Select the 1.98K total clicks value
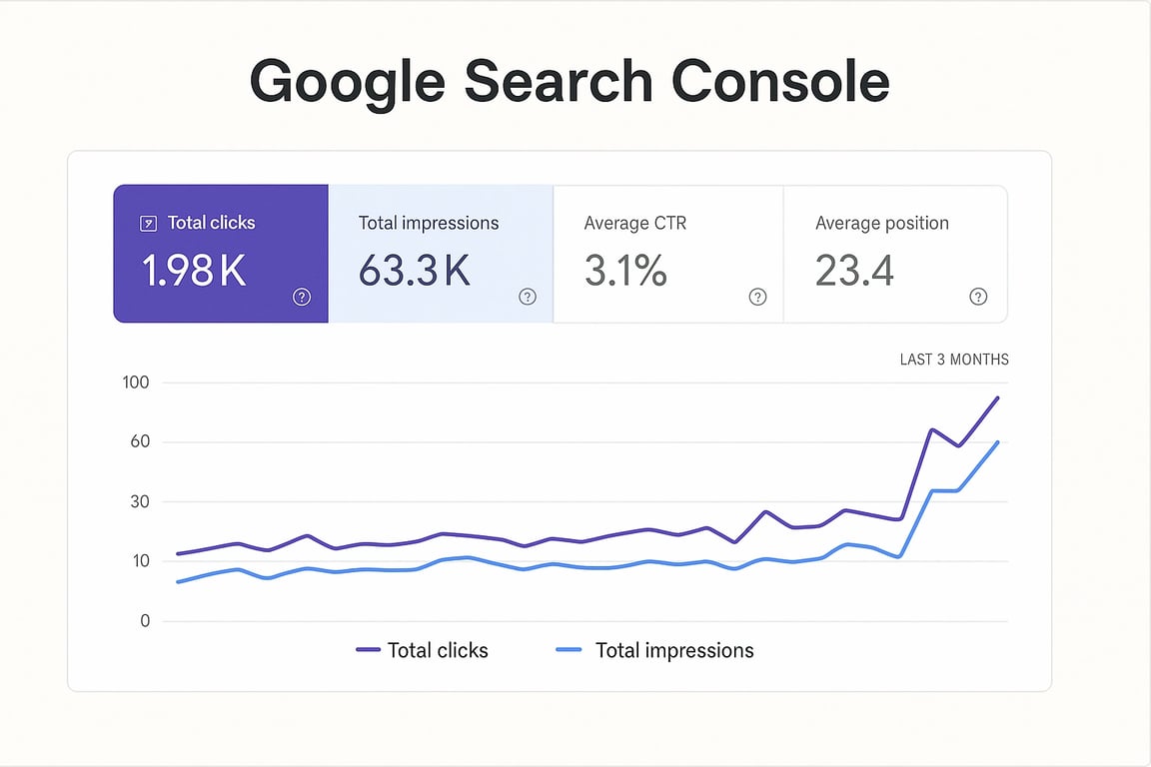click(194, 271)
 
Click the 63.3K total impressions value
click(414, 271)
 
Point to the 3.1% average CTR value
click(625, 271)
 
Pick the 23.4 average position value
click(854, 271)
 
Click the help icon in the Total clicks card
click(302, 297)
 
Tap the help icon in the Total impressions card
click(528, 297)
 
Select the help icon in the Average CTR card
click(757, 297)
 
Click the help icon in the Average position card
click(978, 297)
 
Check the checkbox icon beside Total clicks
click(148, 224)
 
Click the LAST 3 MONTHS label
click(954, 360)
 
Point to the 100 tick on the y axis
click(135, 383)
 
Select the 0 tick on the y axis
click(145, 621)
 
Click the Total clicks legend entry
click(423, 650)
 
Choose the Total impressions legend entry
click(654, 650)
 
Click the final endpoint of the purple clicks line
click(997, 398)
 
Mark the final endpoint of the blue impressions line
click(997, 442)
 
